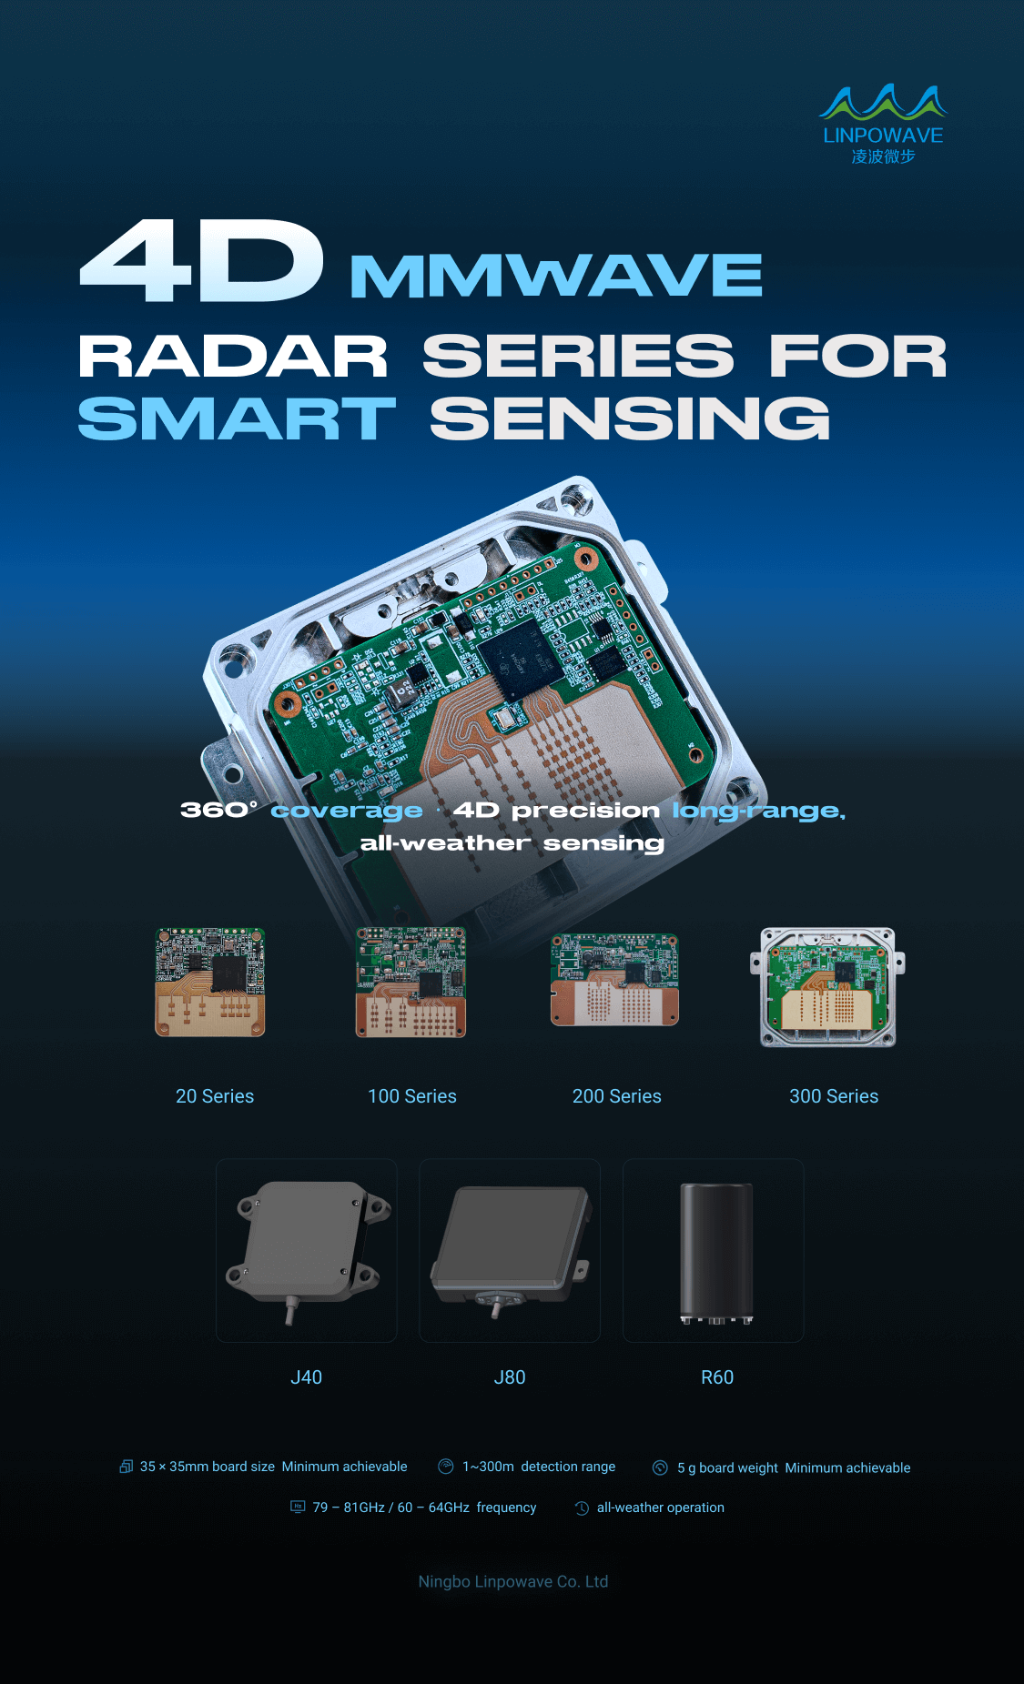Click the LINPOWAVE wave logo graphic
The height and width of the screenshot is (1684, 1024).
pyautogui.click(x=883, y=102)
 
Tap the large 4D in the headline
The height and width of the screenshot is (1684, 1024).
pyautogui.click(x=201, y=261)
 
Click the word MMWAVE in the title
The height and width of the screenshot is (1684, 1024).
pyautogui.click(x=556, y=276)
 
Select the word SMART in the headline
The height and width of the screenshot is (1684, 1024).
pyautogui.click(x=237, y=418)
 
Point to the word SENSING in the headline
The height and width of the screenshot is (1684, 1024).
pyautogui.click(x=630, y=418)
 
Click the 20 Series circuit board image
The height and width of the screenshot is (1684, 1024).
pyautogui.click(x=210, y=982)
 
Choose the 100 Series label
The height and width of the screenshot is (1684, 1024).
pyautogui.click(x=412, y=1096)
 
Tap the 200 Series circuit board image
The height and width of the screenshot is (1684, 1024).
pyautogui.click(x=615, y=980)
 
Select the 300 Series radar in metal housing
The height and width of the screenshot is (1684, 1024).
pyautogui.click(x=827, y=987)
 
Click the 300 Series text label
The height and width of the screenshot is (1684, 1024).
pyautogui.click(x=834, y=1096)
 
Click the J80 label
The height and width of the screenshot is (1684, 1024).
pyautogui.click(x=510, y=1377)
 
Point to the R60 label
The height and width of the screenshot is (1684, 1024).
pyautogui.click(x=717, y=1377)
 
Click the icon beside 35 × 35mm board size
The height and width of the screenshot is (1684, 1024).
pyautogui.click(x=127, y=1467)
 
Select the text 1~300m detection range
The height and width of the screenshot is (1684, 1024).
pyautogui.click(x=539, y=1467)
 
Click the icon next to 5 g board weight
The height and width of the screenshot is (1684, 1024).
pyautogui.click(x=661, y=1467)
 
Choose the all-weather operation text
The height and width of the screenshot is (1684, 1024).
pyautogui.click(x=661, y=1508)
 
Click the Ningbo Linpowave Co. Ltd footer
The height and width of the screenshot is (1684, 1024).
pyautogui.click(x=513, y=1581)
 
